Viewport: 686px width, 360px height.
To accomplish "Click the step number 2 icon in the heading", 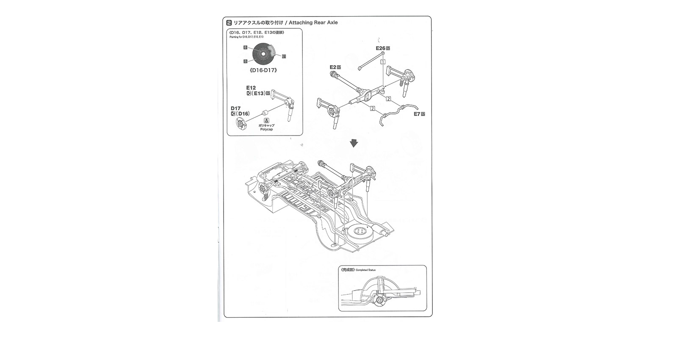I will pyautogui.click(x=229, y=22).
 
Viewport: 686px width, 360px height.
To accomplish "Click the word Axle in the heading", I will pyautogui.click(x=332, y=22).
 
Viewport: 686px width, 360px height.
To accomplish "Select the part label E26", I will pyautogui.click(x=380, y=48).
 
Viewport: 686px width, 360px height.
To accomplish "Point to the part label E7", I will pyautogui.click(x=418, y=114).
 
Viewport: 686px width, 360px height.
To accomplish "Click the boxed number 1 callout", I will pyautogui.click(x=383, y=61).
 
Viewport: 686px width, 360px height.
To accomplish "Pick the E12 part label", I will pyautogui.click(x=251, y=88).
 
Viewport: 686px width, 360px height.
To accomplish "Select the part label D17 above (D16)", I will pyautogui.click(x=235, y=108).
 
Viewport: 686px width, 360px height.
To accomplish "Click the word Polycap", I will pyautogui.click(x=266, y=129).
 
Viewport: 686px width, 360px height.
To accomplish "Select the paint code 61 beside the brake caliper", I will pyautogui.click(x=284, y=56).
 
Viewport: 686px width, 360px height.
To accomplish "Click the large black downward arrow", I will pyautogui.click(x=354, y=144).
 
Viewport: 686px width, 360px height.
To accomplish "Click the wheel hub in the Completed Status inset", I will pyautogui.click(x=379, y=302).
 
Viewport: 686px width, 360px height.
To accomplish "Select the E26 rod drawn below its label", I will pyautogui.click(x=371, y=61).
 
